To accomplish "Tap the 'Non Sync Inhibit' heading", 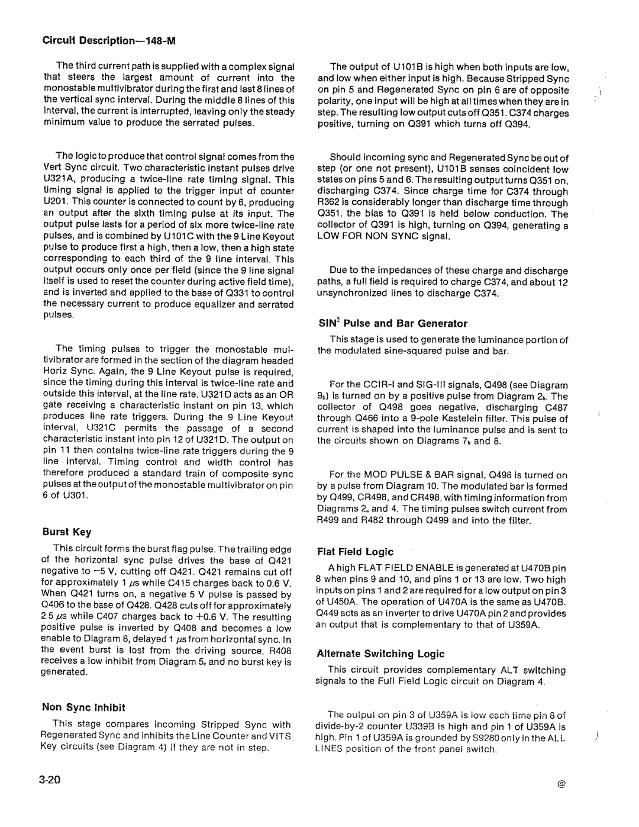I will pos(83,707).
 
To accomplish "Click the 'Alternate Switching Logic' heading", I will pos(380,654).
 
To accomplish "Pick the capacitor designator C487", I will pos(555,408).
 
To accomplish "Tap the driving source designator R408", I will pos(280,649).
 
